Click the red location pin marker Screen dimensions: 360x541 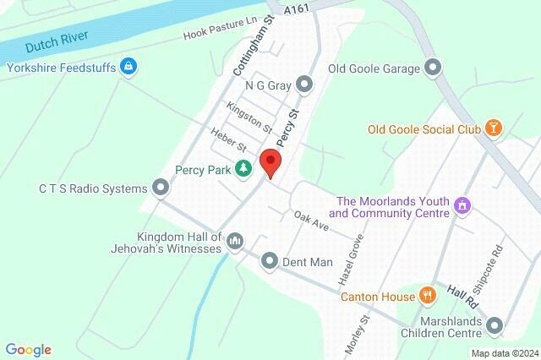pyautogui.click(x=270, y=161)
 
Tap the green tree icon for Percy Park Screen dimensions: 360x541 pyautogui.click(x=243, y=169)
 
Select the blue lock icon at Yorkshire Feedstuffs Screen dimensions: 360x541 pyautogui.click(x=128, y=65)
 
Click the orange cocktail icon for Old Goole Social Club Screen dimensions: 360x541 pyautogui.click(x=492, y=128)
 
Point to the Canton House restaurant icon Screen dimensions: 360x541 pyautogui.click(x=429, y=296)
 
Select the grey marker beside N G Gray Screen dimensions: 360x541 pyautogui.click(x=304, y=85)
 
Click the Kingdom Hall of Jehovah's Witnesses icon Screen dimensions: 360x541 pyautogui.click(x=235, y=243)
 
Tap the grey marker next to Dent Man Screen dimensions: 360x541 pyautogui.click(x=269, y=261)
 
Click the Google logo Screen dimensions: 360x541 pyautogui.click(x=28, y=350)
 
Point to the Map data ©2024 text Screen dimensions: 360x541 pyautogui.click(x=504, y=353)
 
